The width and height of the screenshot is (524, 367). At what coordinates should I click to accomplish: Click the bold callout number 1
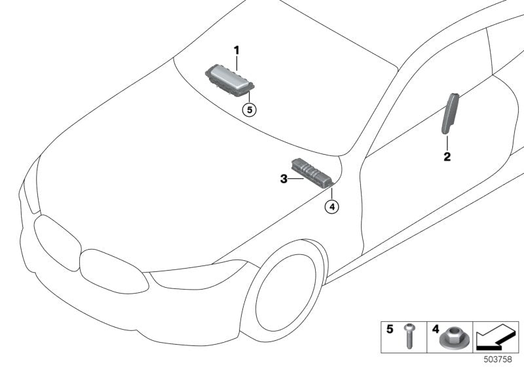pos(237,50)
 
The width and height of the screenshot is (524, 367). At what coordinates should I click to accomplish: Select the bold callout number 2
pos(447,157)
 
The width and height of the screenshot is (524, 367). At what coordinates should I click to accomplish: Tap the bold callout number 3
pos(284,179)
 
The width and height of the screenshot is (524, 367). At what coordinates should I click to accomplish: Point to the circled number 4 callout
pos(332,207)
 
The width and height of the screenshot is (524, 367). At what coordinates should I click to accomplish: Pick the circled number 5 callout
pos(250,109)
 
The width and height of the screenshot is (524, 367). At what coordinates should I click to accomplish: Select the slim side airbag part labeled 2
pos(449,114)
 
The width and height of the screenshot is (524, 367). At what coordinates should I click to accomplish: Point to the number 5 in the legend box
pos(390,330)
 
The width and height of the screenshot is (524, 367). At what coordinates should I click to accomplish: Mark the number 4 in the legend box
pos(436,330)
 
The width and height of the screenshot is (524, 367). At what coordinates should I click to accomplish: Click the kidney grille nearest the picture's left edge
pos(57,240)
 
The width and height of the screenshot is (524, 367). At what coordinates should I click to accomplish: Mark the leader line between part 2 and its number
pos(447,143)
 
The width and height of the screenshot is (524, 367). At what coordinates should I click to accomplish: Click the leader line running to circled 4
pos(332,193)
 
